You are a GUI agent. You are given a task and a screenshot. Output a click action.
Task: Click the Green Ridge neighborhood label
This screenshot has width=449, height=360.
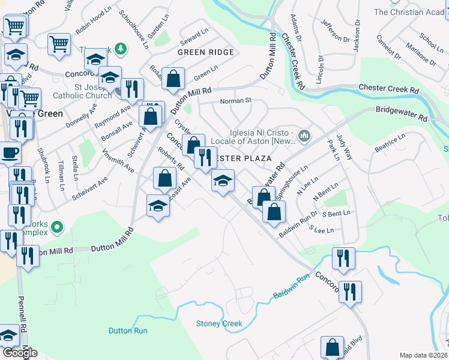[205, 52]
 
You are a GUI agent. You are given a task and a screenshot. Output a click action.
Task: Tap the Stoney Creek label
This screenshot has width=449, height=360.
[219, 324]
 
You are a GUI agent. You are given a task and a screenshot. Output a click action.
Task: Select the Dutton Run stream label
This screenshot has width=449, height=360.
[128, 331]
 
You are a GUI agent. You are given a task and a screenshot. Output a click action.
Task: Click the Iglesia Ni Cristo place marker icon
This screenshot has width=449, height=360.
[305, 136]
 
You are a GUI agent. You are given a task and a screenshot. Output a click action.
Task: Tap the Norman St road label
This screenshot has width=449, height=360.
[234, 101]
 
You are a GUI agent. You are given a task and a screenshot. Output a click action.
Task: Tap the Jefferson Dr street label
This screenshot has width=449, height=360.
[335, 31]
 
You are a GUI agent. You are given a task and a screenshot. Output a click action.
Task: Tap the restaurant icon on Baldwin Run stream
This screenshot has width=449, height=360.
[343, 258]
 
